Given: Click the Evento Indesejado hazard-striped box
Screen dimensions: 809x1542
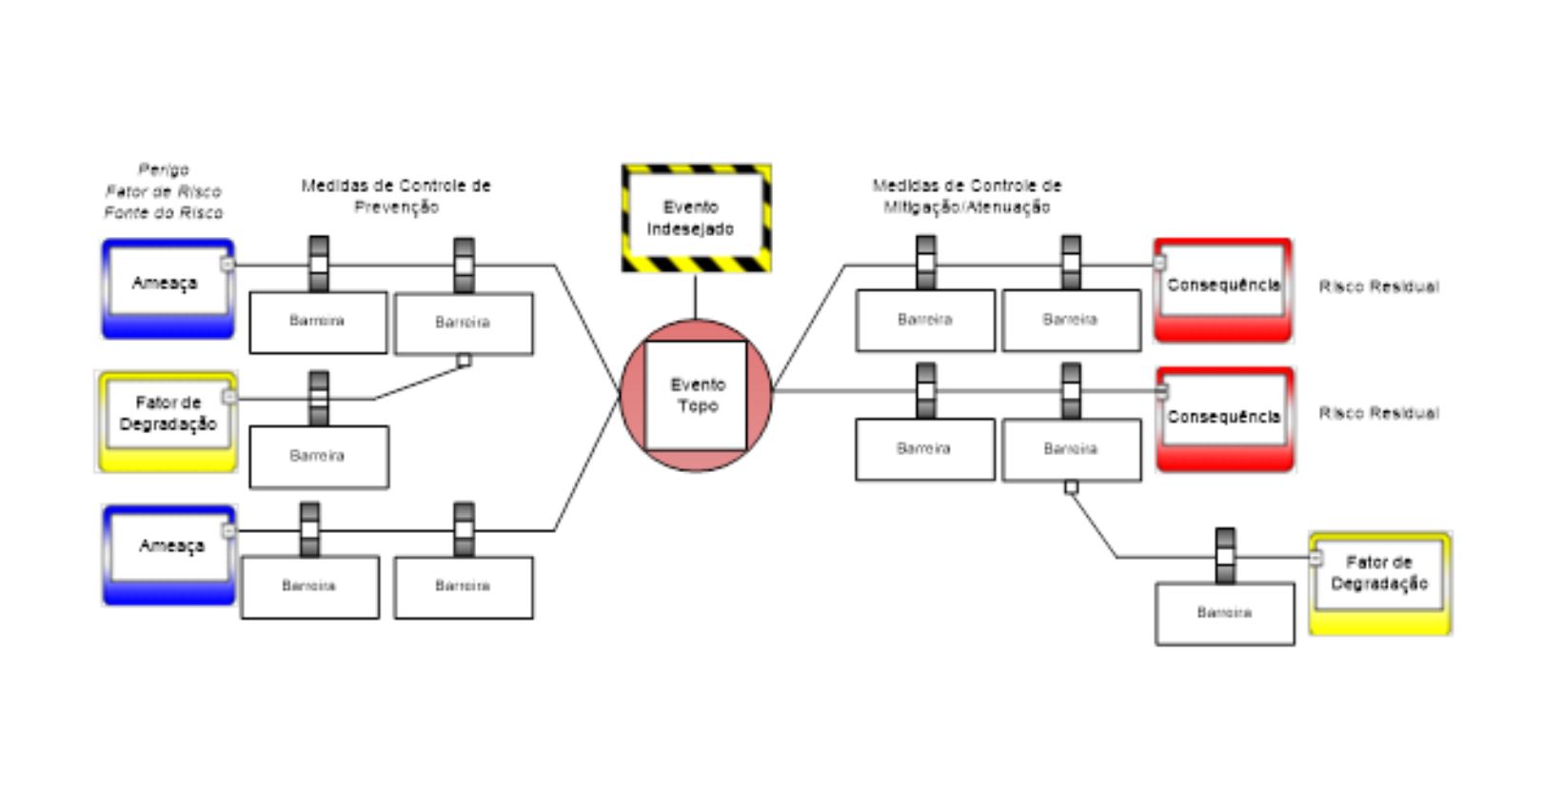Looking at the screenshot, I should [x=696, y=218].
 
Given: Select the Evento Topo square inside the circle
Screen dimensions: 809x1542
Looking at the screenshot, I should [x=696, y=395].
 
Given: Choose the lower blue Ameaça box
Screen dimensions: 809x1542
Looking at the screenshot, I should [x=168, y=554].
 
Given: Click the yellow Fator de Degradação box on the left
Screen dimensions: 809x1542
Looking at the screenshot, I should [x=167, y=421].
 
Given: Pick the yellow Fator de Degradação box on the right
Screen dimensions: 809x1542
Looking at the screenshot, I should [x=1379, y=582].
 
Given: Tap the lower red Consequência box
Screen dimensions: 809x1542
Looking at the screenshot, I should [x=1225, y=419].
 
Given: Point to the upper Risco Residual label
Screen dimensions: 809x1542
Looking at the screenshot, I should [x=1378, y=286].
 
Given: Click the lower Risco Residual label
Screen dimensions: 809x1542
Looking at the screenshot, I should [x=1378, y=413].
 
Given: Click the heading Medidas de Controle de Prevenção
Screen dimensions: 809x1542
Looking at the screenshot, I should [x=396, y=196].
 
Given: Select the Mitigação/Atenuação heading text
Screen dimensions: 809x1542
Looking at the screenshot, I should [x=966, y=207].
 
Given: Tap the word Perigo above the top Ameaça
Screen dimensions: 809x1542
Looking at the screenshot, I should [x=164, y=169].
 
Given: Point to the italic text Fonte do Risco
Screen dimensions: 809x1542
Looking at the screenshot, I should [x=164, y=212].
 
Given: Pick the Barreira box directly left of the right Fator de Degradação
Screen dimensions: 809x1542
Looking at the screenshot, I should [x=1224, y=614].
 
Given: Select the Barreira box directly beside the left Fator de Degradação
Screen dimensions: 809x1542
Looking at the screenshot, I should [x=318, y=457].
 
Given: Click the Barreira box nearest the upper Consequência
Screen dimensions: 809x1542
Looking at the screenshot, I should [x=1071, y=321].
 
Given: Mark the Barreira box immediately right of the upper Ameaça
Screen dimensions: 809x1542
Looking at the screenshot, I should [x=318, y=323].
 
